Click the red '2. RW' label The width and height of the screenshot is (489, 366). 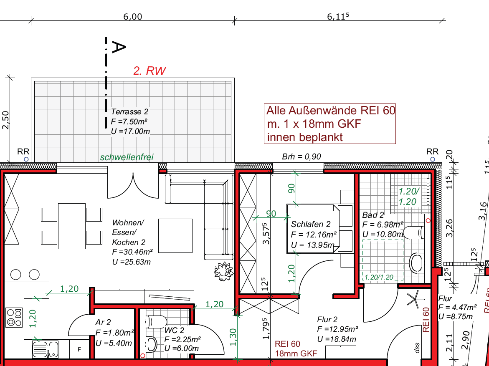(x=149, y=71)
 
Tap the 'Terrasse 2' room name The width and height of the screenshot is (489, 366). (x=129, y=112)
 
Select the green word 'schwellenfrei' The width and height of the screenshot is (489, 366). (x=127, y=157)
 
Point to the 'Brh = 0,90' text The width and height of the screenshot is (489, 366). (x=302, y=156)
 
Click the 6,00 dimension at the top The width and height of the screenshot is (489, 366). (x=132, y=17)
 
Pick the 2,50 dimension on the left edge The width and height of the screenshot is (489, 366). (x=5, y=120)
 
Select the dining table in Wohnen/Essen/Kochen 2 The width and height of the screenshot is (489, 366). (x=72, y=225)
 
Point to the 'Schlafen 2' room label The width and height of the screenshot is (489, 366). (x=311, y=224)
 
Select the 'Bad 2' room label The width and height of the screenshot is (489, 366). (x=373, y=215)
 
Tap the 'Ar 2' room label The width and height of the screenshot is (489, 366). (x=103, y=322)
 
